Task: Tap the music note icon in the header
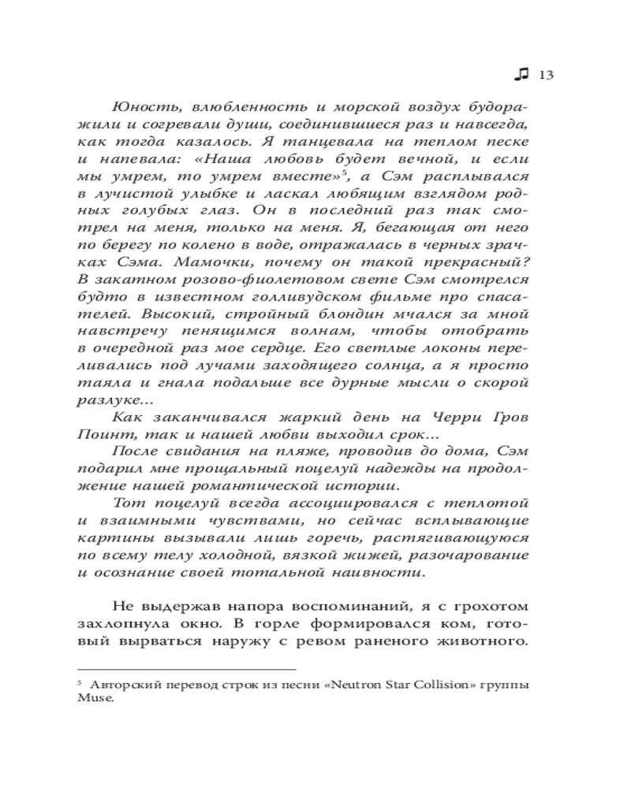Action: click(x=521, y=74)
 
